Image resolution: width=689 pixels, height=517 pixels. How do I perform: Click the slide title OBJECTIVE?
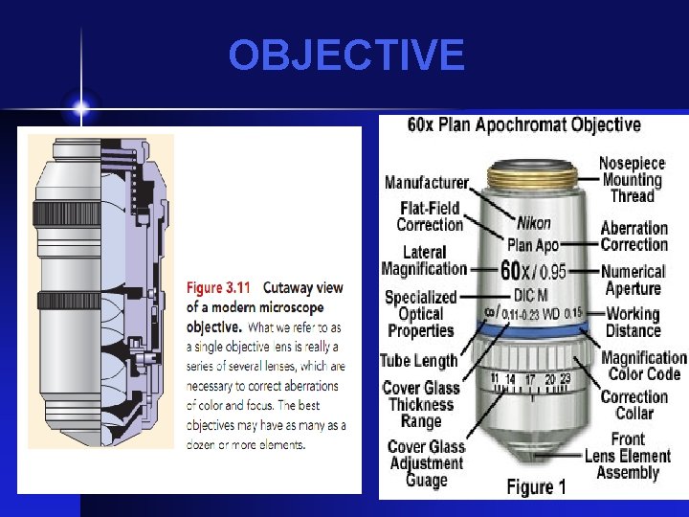[x=345, y=56]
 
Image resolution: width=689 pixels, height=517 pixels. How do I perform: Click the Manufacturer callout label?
[x=427, y=182]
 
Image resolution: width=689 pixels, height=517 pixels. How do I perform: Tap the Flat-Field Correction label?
[x=430, y=216]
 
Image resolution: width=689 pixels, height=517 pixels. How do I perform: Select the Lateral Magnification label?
[x=424, y=260]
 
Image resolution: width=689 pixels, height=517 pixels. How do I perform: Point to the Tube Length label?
[x=419, y=361]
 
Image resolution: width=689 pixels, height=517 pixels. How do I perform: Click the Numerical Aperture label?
[x=633, y=280]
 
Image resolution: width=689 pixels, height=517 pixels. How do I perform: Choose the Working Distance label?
[x=633, y=322]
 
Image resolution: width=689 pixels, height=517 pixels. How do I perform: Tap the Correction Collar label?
[x=633, y=405]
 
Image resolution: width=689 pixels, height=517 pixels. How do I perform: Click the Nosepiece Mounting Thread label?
[x=632, y=179]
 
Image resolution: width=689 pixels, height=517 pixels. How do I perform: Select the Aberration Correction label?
[x=633, y=236]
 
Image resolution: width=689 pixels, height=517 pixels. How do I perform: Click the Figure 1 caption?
[x=536, y=486]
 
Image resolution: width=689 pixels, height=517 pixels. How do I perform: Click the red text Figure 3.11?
[x=218, y=288]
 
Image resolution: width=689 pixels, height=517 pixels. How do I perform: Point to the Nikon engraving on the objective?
[x=533, y=223]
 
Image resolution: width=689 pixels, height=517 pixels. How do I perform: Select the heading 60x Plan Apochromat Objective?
[x=524, y=124]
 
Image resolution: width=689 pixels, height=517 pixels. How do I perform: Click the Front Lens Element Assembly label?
[x=628, y=456]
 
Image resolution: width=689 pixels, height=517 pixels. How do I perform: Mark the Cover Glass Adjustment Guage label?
[x=426, y=463]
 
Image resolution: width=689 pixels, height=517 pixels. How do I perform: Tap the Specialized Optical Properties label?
[x=421, y=314]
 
